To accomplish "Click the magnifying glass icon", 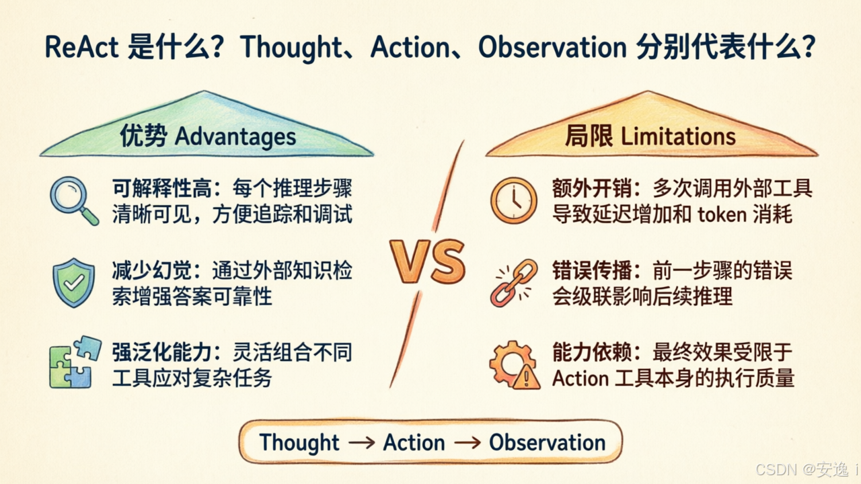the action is coord(73,200).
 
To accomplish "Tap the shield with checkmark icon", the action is coord(74,283).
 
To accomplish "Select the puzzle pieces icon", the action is coord(75,362).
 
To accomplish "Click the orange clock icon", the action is coord(513,200).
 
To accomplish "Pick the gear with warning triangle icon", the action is coord(515,365).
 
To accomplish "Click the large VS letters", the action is coord(427,261).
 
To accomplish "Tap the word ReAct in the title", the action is coord(81,47).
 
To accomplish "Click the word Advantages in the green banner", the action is coord(235,136).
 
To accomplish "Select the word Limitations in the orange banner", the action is coord(678,136).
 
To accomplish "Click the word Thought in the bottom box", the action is coord(299,442).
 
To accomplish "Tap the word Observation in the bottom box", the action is coord(548,442).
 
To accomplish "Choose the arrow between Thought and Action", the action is coord(362,442).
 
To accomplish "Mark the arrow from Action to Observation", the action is coord(467,442).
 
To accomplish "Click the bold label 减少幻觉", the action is coord(152,270).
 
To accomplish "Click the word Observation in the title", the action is coord(552,47).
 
